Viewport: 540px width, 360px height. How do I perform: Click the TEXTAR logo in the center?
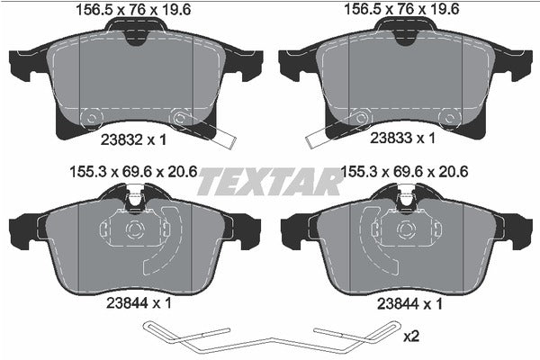click(x=269, y=181)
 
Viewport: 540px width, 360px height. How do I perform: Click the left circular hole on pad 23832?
click(x=92, y=118)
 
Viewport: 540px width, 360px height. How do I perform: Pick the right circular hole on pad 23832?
click(x=179, y=118)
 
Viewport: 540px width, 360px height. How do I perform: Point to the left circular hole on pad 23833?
click(x=362, y=118)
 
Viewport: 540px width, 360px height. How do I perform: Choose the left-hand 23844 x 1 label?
click(x=135, y=306)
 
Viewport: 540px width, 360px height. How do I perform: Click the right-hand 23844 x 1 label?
click(x=405, y=306)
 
